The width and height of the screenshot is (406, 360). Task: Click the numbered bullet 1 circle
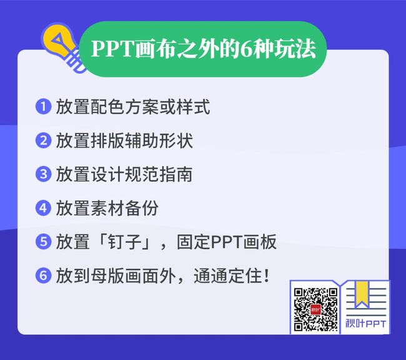pyautogui.click(x=43, y=106)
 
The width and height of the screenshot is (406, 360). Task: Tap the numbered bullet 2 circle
pyautogui.click(x=43, y=140)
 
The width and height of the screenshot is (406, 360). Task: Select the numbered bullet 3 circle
pyautogui.click(x=43, y=174)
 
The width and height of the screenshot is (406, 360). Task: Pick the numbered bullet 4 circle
pyautogui.click(x=43, y=208)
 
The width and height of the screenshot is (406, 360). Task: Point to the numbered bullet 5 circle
pyautogui.click(x=43, y=241)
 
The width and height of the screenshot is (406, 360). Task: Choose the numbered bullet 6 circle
pyautogui.click(x=43, y=275)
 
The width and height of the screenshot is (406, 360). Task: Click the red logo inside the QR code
pyautogui.click(x=315, y=309)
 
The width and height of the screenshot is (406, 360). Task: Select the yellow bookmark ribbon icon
pyautogui.click(x=362, y=294)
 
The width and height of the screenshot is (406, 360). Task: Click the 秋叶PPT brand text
pyautogui.click(x=366, y=324)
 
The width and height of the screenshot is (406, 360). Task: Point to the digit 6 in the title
pyautogui.click(x=246, y=49)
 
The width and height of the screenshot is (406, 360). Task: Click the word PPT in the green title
pyautogui.click(x=112, y=49)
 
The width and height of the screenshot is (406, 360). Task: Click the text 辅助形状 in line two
pyautogui.click(x=159, y=140)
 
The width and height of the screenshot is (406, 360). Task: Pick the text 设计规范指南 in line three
pyautogui.click(x=142, y=174)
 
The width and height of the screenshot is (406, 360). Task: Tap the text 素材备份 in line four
pyautogui.click(x=125, y=208)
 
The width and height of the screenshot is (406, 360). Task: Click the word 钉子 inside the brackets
pyautogui.click(x=124, y=242)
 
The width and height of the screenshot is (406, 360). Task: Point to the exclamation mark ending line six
pyautogui.click(x=267, y=276)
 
